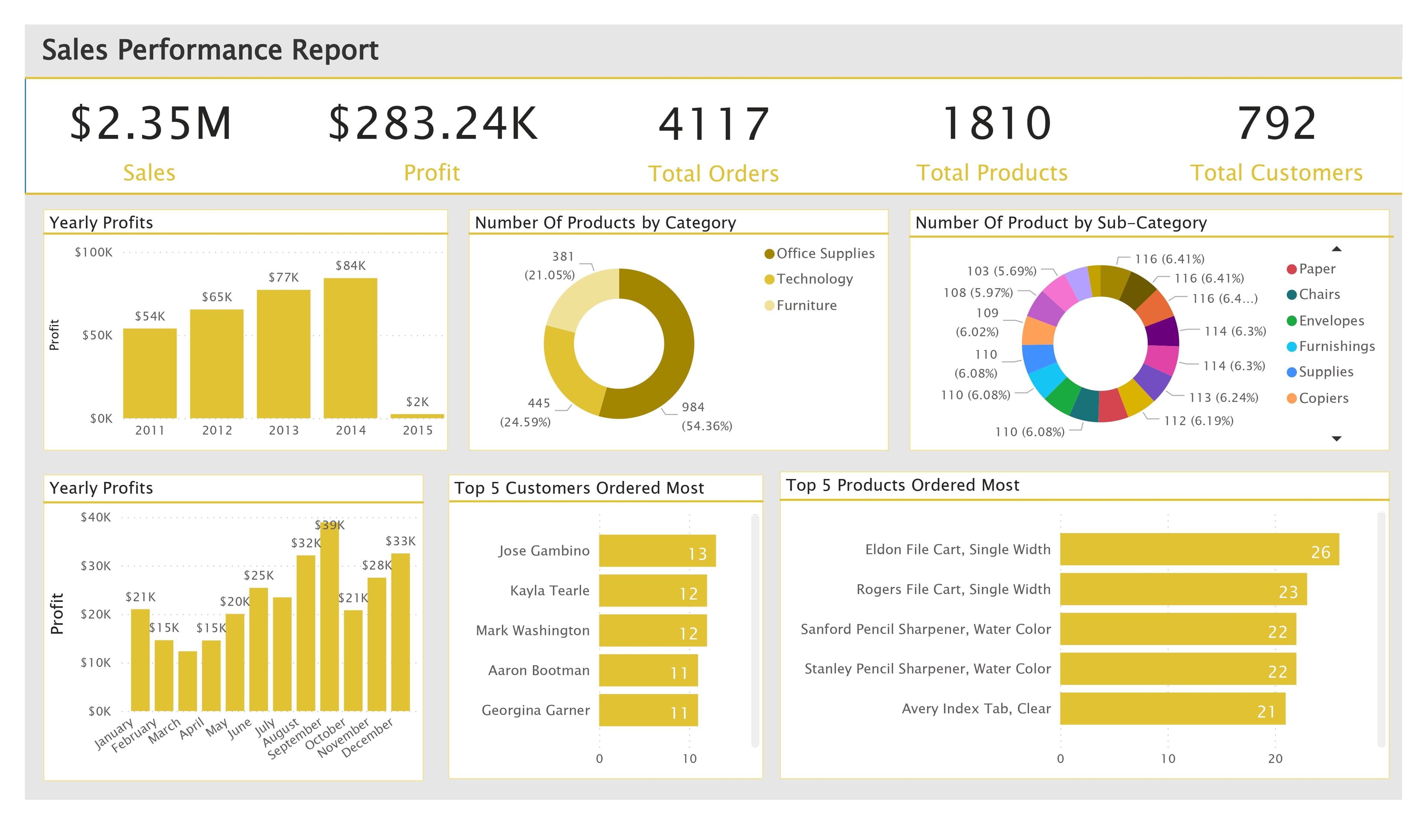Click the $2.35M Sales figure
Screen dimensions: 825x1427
click(x=151, y=123)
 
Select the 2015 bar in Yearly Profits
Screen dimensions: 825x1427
click(x=417, y=416)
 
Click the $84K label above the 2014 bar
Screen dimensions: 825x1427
click(x=350, y=266)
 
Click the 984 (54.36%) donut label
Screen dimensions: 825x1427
click(x=706, y=416)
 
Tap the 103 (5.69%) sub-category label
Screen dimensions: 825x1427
click(x=1001, y=271)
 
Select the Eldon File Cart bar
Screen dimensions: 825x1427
click(x=1199, y=549)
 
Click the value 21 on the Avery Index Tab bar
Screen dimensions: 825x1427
click(x=1266, y=712)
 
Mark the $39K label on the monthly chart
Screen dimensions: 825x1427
click(x=330, y=525)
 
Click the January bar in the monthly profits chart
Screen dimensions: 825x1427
click(x=140, y=660)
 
